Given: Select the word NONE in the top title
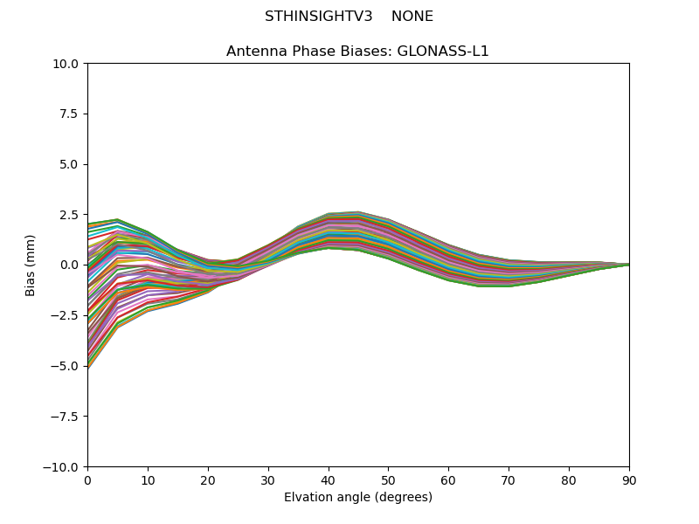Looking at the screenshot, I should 412,17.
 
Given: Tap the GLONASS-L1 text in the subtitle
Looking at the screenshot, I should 443,52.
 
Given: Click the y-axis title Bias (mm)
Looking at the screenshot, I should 31,265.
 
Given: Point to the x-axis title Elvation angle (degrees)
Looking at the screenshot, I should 358,498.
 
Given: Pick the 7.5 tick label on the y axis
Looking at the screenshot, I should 69,114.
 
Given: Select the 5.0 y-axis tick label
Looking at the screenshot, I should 69,164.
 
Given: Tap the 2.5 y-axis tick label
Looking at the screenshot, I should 69,215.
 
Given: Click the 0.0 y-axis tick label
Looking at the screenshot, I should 69,265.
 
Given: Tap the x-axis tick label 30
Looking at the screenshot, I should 268,480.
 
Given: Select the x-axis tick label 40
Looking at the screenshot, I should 329,480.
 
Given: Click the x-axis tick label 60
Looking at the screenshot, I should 448,480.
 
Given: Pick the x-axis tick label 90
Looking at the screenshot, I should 629,480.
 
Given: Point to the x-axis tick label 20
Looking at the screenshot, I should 208,480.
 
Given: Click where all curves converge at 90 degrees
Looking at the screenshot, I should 628,265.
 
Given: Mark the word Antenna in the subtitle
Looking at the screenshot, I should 254,52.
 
